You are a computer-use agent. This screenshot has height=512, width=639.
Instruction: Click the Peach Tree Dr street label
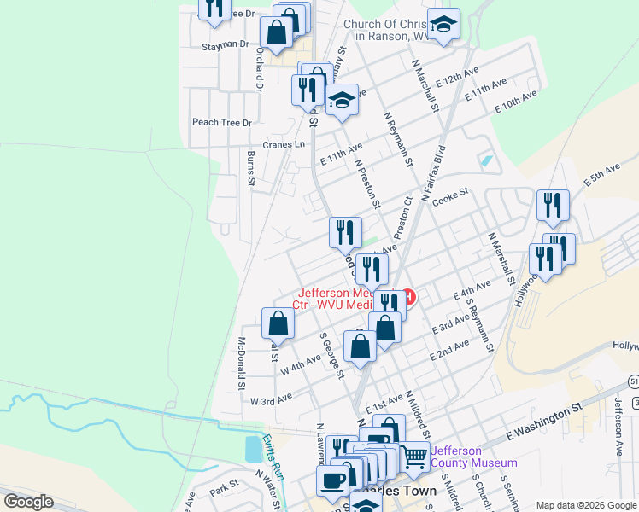pos(222,123)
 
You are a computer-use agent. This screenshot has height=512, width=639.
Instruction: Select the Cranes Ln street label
pos(284,144)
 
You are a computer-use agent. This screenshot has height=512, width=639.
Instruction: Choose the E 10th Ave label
pos(517,103)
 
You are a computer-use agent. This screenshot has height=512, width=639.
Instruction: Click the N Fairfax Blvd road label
pos(426,179)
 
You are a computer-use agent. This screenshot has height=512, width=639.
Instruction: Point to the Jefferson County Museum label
pos(473,457)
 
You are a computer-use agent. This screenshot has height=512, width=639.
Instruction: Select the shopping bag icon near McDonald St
pos(278,323)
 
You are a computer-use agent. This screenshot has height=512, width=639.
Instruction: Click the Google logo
pos(28,501)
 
